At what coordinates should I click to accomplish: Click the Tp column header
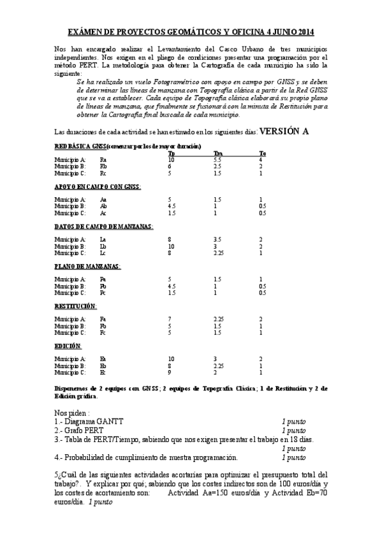point(171,153)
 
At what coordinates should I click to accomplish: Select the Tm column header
point(217,153)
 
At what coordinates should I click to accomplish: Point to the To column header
point(262,153)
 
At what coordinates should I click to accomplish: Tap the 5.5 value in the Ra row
point(217,159)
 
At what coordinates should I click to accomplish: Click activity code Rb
point(103,166)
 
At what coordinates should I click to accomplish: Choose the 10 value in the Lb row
point(171,246)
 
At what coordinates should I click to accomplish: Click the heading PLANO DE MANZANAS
point(87,266)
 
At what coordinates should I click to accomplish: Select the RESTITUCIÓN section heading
point(75,306)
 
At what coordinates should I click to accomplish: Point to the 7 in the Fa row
point(170,319)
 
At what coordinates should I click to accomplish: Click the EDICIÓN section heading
point(68,346)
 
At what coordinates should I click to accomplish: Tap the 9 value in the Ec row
point(170,372)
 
